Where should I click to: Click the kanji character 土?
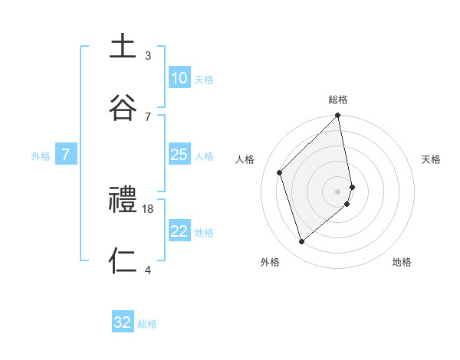123,47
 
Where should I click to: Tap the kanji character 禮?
123,201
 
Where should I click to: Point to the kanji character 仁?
123,261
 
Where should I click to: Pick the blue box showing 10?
179,78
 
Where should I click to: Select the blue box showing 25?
179,155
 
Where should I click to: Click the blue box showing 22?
179,231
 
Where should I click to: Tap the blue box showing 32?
123,322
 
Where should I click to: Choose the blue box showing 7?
66,155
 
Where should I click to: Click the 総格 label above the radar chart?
338,100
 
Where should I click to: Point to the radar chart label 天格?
432,159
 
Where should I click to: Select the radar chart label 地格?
402,262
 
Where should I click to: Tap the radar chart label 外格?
270,262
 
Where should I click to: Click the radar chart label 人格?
245,159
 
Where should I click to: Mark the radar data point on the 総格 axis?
338,116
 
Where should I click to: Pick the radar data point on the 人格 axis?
280,172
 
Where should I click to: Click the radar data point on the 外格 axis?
302,242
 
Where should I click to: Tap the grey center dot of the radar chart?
338,191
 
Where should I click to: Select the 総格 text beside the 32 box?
147,324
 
